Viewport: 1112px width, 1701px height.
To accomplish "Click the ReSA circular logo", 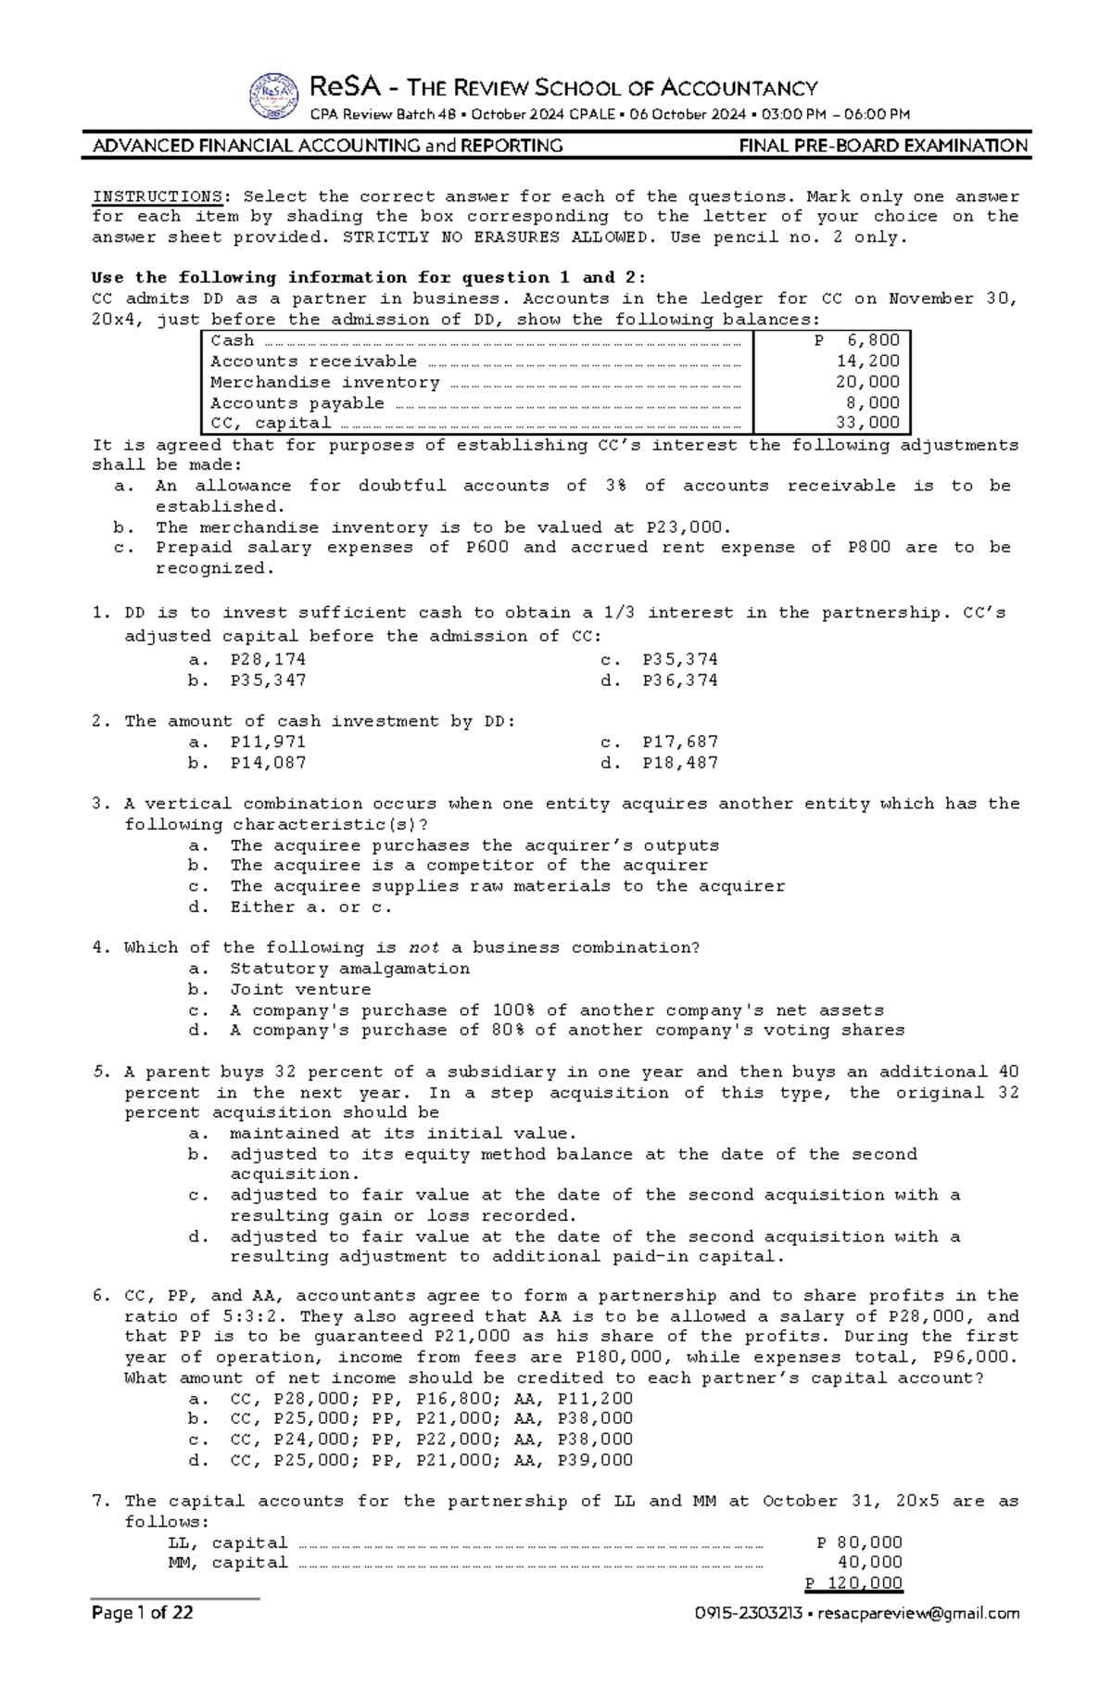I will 273,96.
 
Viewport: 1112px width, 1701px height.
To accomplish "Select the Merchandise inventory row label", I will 324,382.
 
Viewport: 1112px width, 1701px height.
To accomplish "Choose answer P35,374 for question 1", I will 679,659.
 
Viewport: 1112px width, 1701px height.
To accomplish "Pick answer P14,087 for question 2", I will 268,763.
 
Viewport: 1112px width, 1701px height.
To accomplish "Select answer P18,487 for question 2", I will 679,763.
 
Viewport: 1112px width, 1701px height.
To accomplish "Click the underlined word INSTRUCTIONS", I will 157,197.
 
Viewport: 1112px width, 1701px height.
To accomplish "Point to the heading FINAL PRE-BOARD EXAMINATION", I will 883,146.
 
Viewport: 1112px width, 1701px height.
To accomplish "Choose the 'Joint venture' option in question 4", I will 300,989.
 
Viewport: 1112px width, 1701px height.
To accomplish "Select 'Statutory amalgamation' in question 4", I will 349,969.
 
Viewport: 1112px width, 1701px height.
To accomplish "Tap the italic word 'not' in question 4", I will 423,947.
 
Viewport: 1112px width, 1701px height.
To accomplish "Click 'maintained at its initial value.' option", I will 403,1134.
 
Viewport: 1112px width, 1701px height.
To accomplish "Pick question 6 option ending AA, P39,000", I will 431,1460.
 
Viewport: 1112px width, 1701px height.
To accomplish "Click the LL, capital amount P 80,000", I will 859,1542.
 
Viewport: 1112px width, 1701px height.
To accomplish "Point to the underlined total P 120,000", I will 853,1583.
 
